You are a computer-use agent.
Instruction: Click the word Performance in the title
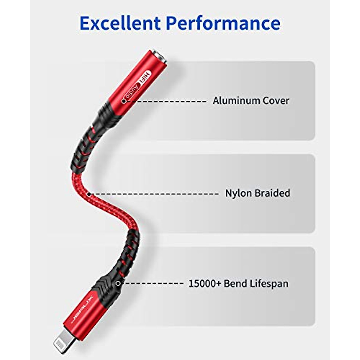tap(223, 23)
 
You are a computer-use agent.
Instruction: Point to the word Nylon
tap(238, 193)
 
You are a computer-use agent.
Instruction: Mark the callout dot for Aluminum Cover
tap(124, 101)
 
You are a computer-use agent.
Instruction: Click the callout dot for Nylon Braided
tap(89, 194)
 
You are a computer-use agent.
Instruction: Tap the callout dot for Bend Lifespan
tap(118, 283)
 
